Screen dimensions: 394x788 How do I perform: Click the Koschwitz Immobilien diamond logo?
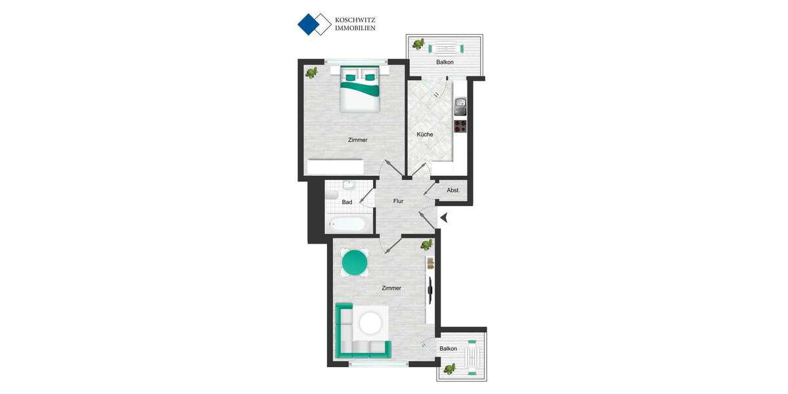tap(314, 24)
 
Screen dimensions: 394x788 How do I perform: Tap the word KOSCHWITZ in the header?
tap(355, 20)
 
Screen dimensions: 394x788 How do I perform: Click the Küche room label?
tap(425, 135)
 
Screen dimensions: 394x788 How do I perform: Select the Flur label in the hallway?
tap(398, 201)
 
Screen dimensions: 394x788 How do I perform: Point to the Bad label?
tap(347, 202)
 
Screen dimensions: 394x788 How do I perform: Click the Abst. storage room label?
tap(453, 190)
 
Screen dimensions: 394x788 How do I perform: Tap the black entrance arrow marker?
tap(444, 217)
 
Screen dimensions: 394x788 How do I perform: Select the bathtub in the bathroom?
tap(347, 224)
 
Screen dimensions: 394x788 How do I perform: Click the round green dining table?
tap(355, 263)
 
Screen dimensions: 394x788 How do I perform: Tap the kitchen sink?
tap(460, 104)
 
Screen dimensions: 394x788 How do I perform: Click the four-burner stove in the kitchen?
tap(460, 125)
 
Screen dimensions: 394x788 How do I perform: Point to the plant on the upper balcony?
tap(418, 45)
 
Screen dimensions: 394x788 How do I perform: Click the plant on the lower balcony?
tap(450, 368)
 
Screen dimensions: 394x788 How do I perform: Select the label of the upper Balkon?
tap(445, 62)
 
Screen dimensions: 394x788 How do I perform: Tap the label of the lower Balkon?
tap(449, 349)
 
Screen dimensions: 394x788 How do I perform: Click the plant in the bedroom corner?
tap(313, 72)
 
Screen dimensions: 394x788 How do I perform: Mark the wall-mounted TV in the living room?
tap(430, 289)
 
